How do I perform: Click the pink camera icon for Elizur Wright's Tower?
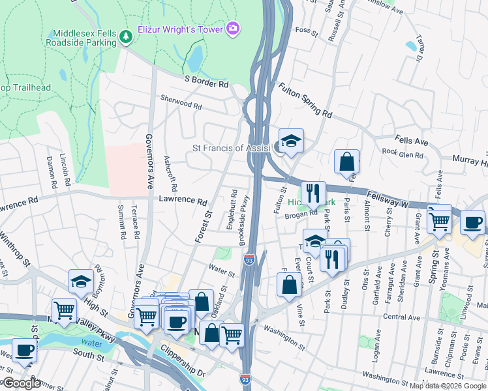(233, 29)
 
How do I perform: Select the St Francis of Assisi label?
(232, 148)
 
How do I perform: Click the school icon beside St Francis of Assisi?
(291, 141)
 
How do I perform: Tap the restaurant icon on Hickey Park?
(314, 192)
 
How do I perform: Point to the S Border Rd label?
(207, 84)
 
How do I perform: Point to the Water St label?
(221, 267)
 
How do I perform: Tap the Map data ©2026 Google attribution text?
(448, 386)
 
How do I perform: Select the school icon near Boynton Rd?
(80, 281)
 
